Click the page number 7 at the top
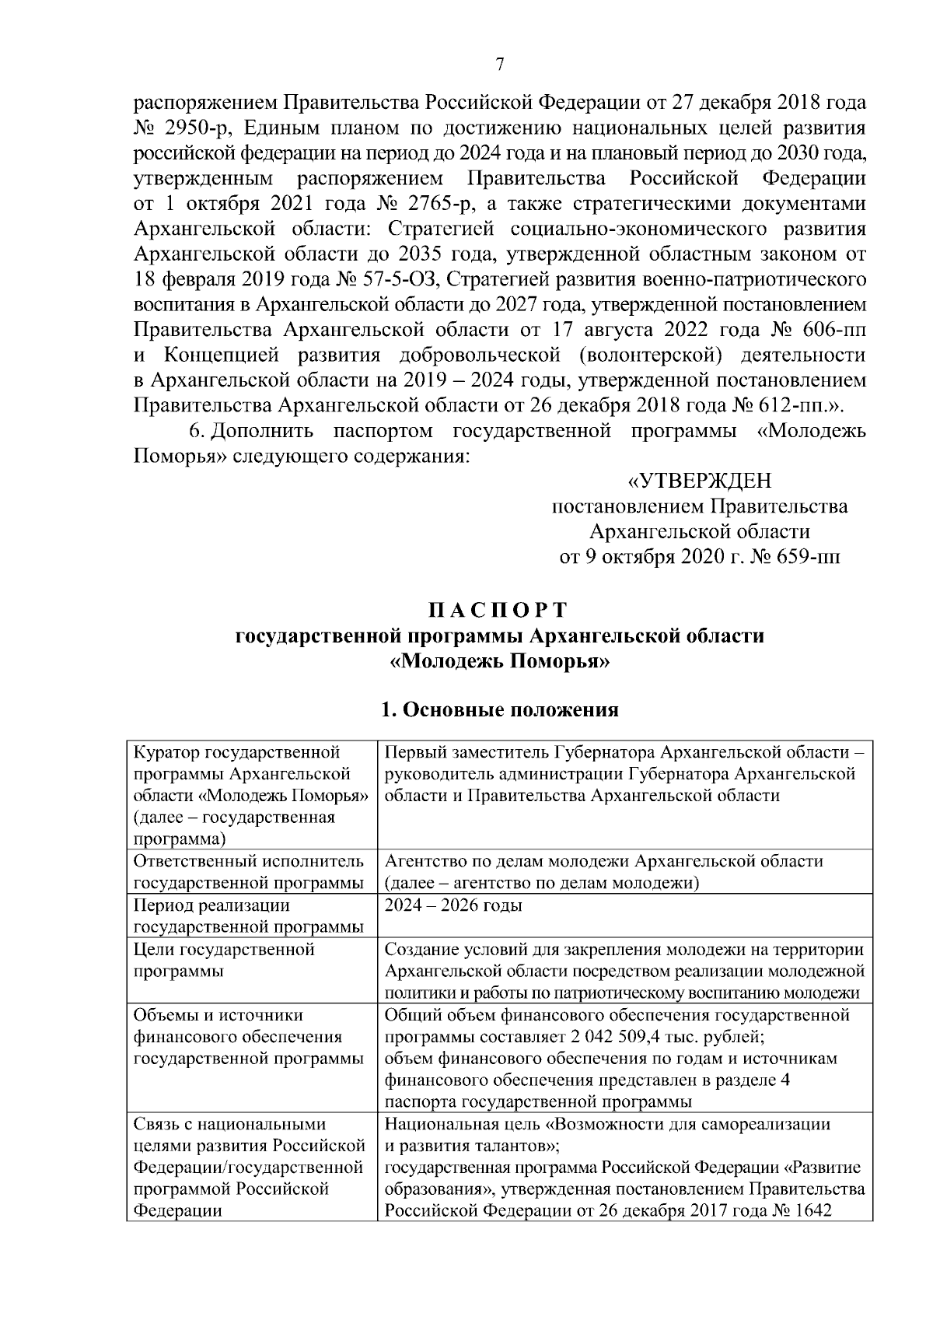tap(500, 65)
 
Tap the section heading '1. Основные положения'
tap(500, 709)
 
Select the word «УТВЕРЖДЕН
tap(700, 481)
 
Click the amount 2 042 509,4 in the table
tap(606, 1037)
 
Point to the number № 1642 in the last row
tap(800, 1211)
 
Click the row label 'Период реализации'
tap(211, 905)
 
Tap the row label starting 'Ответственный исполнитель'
tap(249, 861)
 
